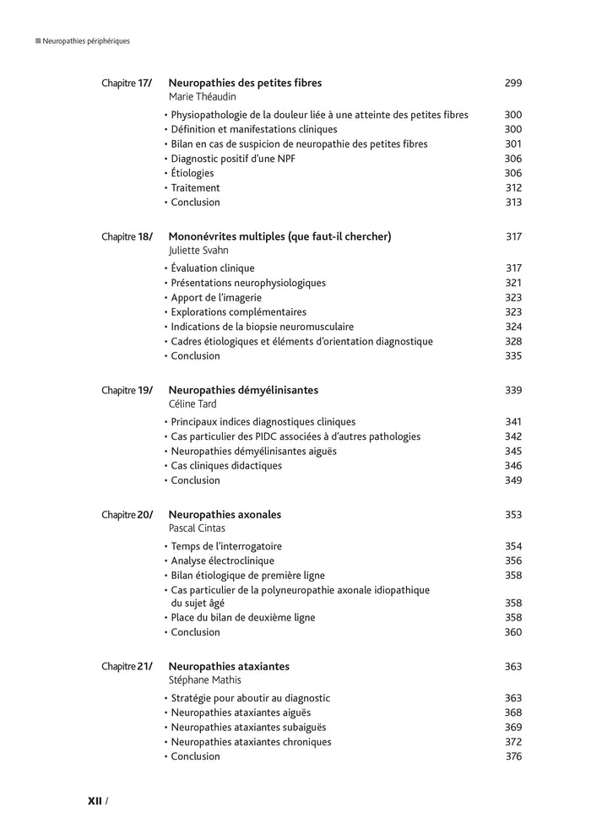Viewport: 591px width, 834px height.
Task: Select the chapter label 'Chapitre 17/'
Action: [127, 84]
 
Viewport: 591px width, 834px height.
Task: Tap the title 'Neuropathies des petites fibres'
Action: [245, 83]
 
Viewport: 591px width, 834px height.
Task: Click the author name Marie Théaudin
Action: [202, 97]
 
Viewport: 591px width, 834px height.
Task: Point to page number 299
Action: [512, 83]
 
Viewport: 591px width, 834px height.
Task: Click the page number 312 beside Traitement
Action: [513, 187]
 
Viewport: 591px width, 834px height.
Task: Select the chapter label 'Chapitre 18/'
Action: [127, 237]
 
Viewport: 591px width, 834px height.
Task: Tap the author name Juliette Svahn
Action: [199, 251]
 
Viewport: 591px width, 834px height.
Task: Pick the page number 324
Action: [512, 327]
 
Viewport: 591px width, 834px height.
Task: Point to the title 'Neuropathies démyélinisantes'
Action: [243, 390]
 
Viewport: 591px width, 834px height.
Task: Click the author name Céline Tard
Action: [192, 404]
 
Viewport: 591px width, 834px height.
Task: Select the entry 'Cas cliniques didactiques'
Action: [227, 466]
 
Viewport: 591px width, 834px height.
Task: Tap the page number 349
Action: [512, 480]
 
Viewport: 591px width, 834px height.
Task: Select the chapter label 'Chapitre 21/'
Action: [127, 667]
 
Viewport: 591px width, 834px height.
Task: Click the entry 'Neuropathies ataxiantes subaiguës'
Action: [247, 727]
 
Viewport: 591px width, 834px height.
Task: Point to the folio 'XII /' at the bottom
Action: [97, 800]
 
